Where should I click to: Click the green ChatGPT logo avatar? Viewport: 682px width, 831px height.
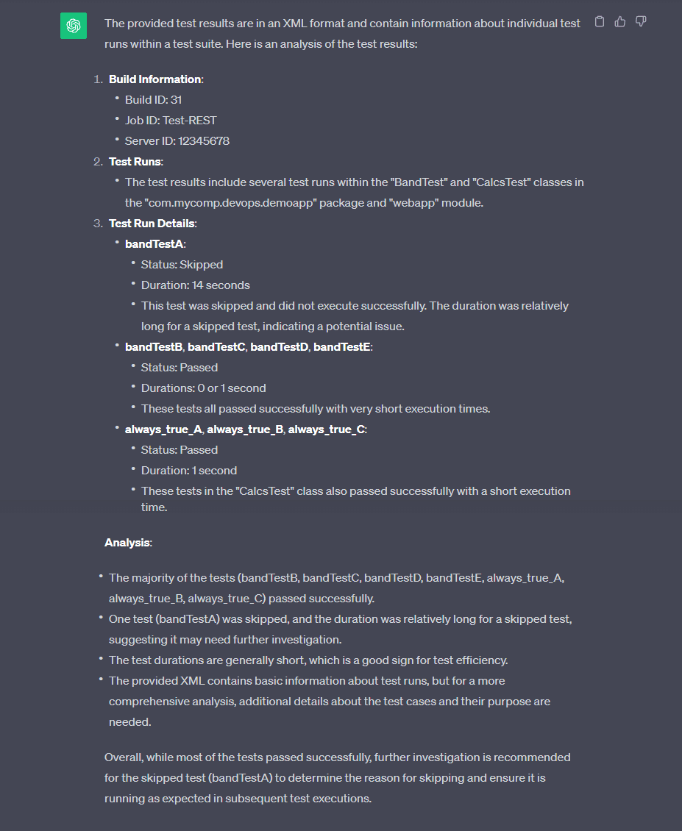coord(73,26)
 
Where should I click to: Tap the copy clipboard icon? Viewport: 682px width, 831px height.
coord(600,22)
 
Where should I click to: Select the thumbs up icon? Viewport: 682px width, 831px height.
coord(620,22)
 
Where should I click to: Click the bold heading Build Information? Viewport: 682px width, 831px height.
coord(154,79)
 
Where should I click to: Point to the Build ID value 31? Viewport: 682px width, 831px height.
coord(176,99)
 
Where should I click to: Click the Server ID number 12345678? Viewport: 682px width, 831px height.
coord(204,140)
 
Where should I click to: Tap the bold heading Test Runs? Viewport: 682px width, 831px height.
coord(135,161)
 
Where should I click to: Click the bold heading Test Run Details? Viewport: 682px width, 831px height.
coord(152,223)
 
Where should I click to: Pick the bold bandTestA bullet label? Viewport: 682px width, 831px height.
coord(154,243)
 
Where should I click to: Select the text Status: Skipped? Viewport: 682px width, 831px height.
coord(182,264)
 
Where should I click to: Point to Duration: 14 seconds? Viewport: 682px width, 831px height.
coord(195,285)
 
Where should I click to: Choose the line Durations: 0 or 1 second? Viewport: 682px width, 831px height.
coord(203,388)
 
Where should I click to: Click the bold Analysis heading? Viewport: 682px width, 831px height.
coord(127,542)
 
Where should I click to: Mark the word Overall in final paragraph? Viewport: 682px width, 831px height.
coord(125,757)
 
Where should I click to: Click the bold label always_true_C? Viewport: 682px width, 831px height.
coord(327,429)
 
